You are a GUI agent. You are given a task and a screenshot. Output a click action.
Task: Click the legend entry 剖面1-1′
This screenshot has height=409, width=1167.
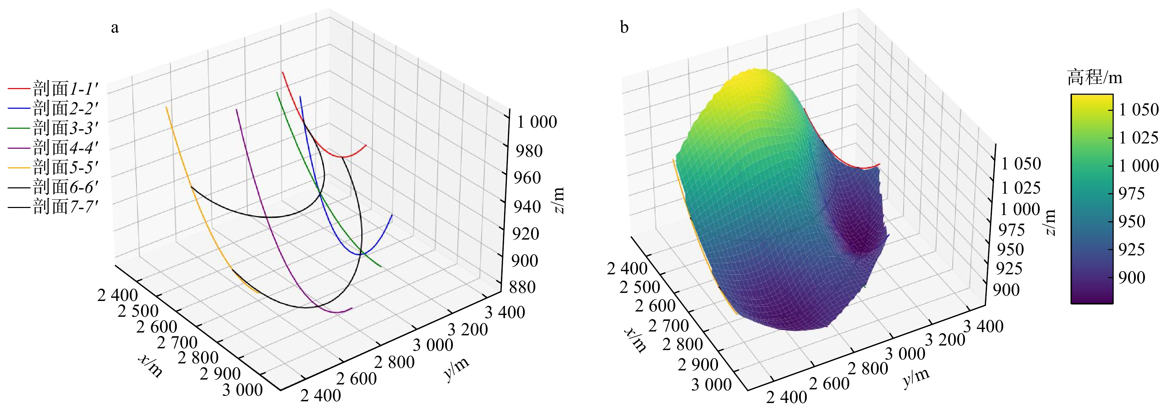pos(65,88)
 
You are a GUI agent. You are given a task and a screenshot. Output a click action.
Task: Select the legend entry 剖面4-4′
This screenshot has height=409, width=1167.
pos(65,147)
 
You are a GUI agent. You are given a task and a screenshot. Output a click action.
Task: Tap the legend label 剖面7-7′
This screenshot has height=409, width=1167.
pos(65,207)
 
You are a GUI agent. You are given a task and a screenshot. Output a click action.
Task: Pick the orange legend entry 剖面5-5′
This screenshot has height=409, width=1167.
pos(65,167)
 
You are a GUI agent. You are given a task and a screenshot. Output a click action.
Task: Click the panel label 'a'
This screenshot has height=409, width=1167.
pos(115,28)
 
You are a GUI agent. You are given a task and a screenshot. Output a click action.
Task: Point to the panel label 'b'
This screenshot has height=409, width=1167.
pos(624,28)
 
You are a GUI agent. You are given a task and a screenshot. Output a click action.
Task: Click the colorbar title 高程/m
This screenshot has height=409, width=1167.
pos(1094,78)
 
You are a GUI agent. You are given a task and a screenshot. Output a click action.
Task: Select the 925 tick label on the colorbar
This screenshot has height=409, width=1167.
pos(1131,249)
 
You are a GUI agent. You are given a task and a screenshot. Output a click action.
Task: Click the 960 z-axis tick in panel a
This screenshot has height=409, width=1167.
pos(527,177)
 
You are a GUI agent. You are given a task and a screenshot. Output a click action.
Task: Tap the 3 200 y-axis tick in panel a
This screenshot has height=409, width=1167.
pos(468,329)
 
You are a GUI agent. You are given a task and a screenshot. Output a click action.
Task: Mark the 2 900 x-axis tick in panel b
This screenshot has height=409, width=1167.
pos(698,364)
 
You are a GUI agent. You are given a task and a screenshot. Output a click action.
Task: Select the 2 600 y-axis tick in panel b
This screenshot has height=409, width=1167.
pos(829,384)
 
